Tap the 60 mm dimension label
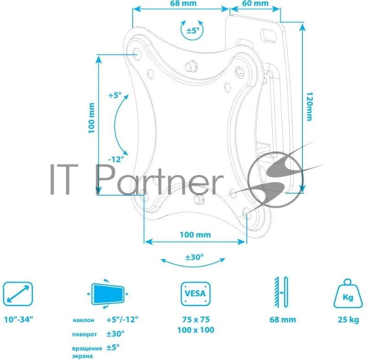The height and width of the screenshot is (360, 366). click(x=255, y=3)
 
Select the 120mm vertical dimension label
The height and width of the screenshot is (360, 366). click(x=309, y=107)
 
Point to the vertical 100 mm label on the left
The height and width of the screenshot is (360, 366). click(x=91, y=118)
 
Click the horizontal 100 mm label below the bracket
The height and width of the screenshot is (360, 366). click(x=195, y=235)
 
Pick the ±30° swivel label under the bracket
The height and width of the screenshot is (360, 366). click(x=194, y=257)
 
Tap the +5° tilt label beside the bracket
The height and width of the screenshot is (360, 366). click(x=115, y=95)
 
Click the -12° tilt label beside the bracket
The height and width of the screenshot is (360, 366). click(x=116, y=159)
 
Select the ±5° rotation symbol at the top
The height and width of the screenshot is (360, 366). click(x=192, y=30)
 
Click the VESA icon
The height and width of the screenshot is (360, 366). click(x=196, y=294)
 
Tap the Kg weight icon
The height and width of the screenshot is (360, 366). click(x=348, y=293)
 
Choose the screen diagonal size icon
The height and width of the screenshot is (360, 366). click(x=18, y=294)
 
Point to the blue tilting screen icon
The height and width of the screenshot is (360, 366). click(x=108, y=294)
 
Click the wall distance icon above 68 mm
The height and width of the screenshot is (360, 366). click(x=281, y=292)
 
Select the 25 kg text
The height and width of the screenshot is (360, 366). click(x=348, y=320)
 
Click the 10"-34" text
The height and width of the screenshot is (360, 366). click(x=19, y=319)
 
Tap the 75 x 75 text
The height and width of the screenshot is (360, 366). click(x=196, y=319)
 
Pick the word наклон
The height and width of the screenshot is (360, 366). click(x=83, y=320)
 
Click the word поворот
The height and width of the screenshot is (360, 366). click(x=84, y=334)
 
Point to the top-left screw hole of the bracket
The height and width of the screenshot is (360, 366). click(x=136, y=52)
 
